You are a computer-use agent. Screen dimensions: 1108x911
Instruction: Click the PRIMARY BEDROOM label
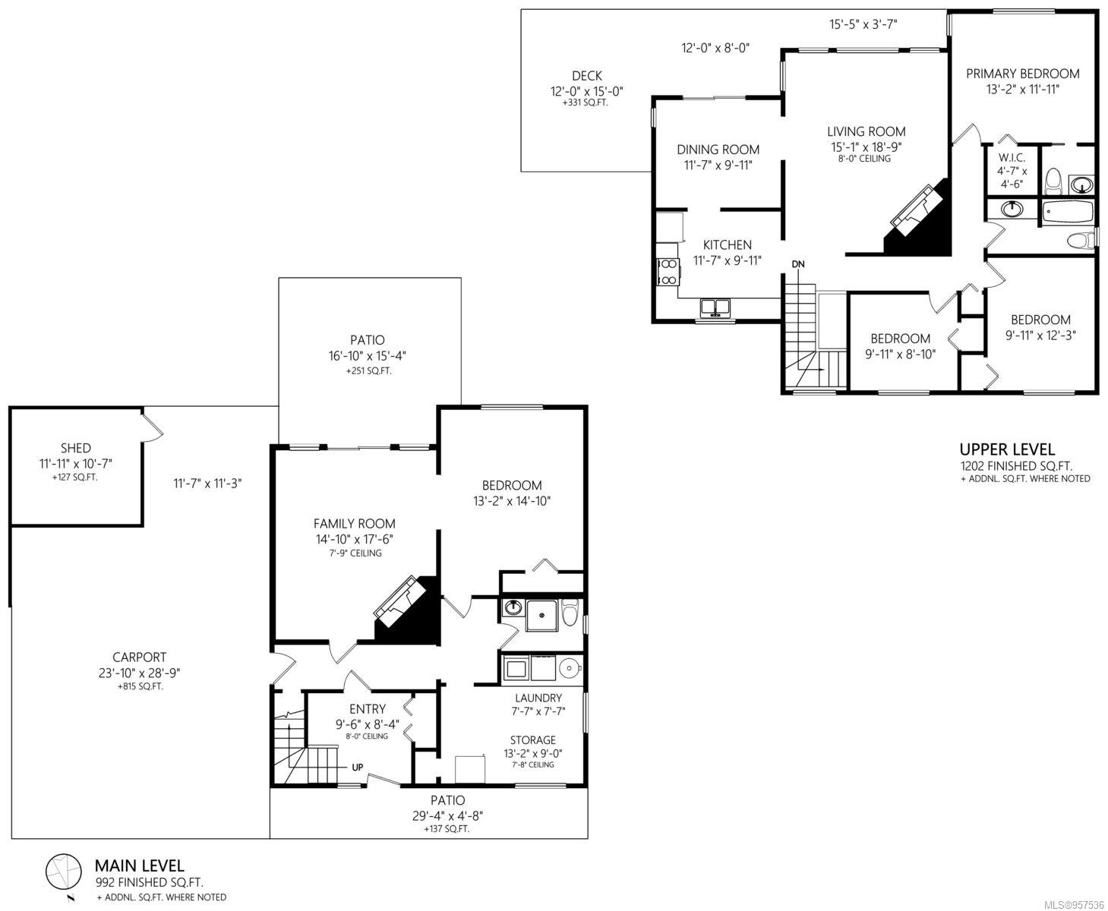coord(1022,74)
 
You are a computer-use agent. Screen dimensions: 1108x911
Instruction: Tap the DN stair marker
coord(797,264)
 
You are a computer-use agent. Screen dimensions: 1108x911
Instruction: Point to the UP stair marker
coord(357,767)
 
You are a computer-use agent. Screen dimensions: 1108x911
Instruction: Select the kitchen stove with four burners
coord(668,272)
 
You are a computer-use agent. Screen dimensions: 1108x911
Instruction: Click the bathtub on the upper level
coord(1068,212)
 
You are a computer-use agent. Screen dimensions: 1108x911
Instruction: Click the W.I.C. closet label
coord(1012,157)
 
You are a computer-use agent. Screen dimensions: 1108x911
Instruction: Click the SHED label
coord(76,448)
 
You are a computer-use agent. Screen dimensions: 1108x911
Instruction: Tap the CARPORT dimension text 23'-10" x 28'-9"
coord(139,673)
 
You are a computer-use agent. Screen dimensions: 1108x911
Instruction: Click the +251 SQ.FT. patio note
coord(368,370)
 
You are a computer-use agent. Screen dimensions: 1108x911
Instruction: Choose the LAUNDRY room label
coord(538,698)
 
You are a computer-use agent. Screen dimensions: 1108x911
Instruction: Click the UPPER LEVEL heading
coord(1007,449)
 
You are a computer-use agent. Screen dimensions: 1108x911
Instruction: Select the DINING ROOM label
coord(718,150)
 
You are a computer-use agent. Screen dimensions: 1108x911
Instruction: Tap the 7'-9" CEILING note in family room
coord(355,553)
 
